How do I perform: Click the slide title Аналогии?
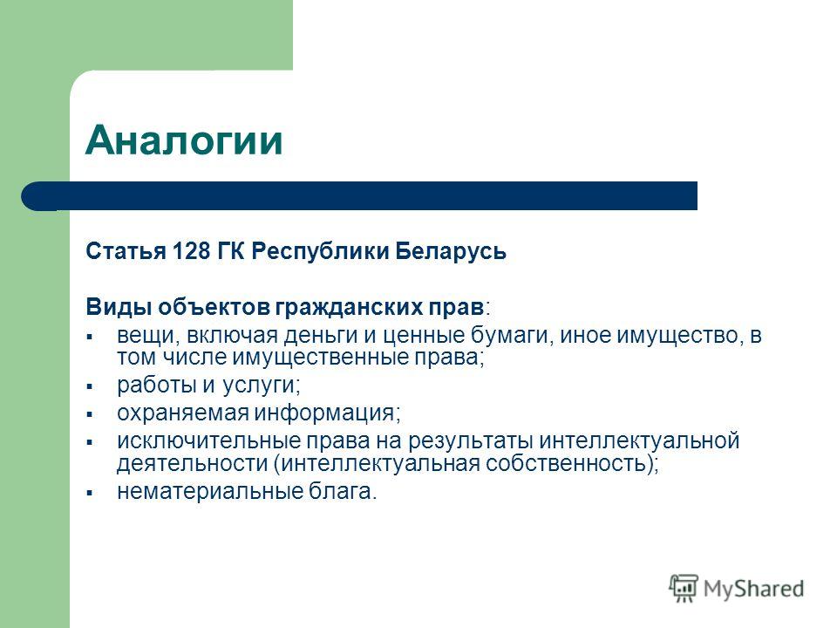(x=184, y=140)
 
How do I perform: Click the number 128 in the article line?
(x=192, y=251)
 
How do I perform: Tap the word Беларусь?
(x=451, y=251)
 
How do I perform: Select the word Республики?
(x=320, y=252)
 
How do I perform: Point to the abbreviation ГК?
(x=230, y=251)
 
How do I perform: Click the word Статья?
(x=126, y=251)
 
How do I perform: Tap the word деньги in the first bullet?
(x=320, y=336)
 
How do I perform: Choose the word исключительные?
(x=208, y=441)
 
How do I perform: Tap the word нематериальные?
(x=210, y=491)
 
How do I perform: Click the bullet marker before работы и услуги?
(x=90, y=386)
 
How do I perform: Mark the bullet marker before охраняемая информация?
(x=90, y=413)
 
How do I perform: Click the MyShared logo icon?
(x=684, y=588)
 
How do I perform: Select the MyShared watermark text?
(x=753, y=589)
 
